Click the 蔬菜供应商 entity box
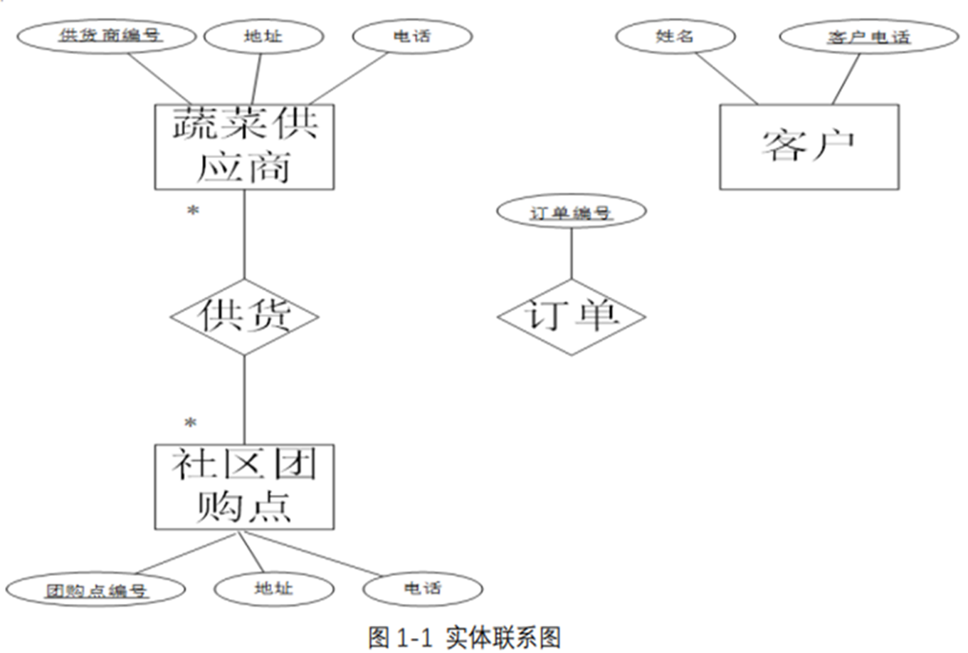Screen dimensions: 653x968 click(x=244, y=147)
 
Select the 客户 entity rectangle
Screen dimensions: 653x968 click(x=809, y=147)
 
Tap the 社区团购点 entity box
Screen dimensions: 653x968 click(x=244, y=487)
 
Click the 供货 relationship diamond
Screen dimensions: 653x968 click(x=244, y=316)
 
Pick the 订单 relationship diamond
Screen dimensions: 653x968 click(x=571, y=316)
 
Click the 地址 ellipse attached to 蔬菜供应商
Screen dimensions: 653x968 click(x=263, y=36)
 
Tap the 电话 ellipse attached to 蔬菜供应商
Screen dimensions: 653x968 click(x=411, y=36)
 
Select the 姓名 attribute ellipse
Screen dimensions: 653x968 click(x=675, y=36)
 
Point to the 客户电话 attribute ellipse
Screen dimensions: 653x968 click(x=868, y=37)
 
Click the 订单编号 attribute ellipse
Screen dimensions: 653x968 click(x=571, y=212)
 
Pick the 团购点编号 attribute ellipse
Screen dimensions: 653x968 click(x=96, y=590)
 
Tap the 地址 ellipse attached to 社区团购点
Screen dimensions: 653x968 click(x=273, y=588)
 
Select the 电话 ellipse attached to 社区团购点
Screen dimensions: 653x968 click(x=422, y=588)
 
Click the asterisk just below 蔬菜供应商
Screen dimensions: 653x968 click(x=192, y=211)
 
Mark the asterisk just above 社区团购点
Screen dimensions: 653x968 click(x=190, y=424)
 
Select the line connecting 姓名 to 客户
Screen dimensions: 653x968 click(x=726, y=78)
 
